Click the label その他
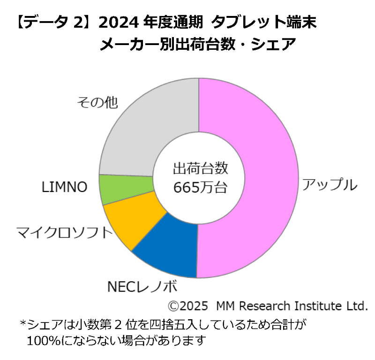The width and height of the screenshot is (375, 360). click(97, 102)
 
